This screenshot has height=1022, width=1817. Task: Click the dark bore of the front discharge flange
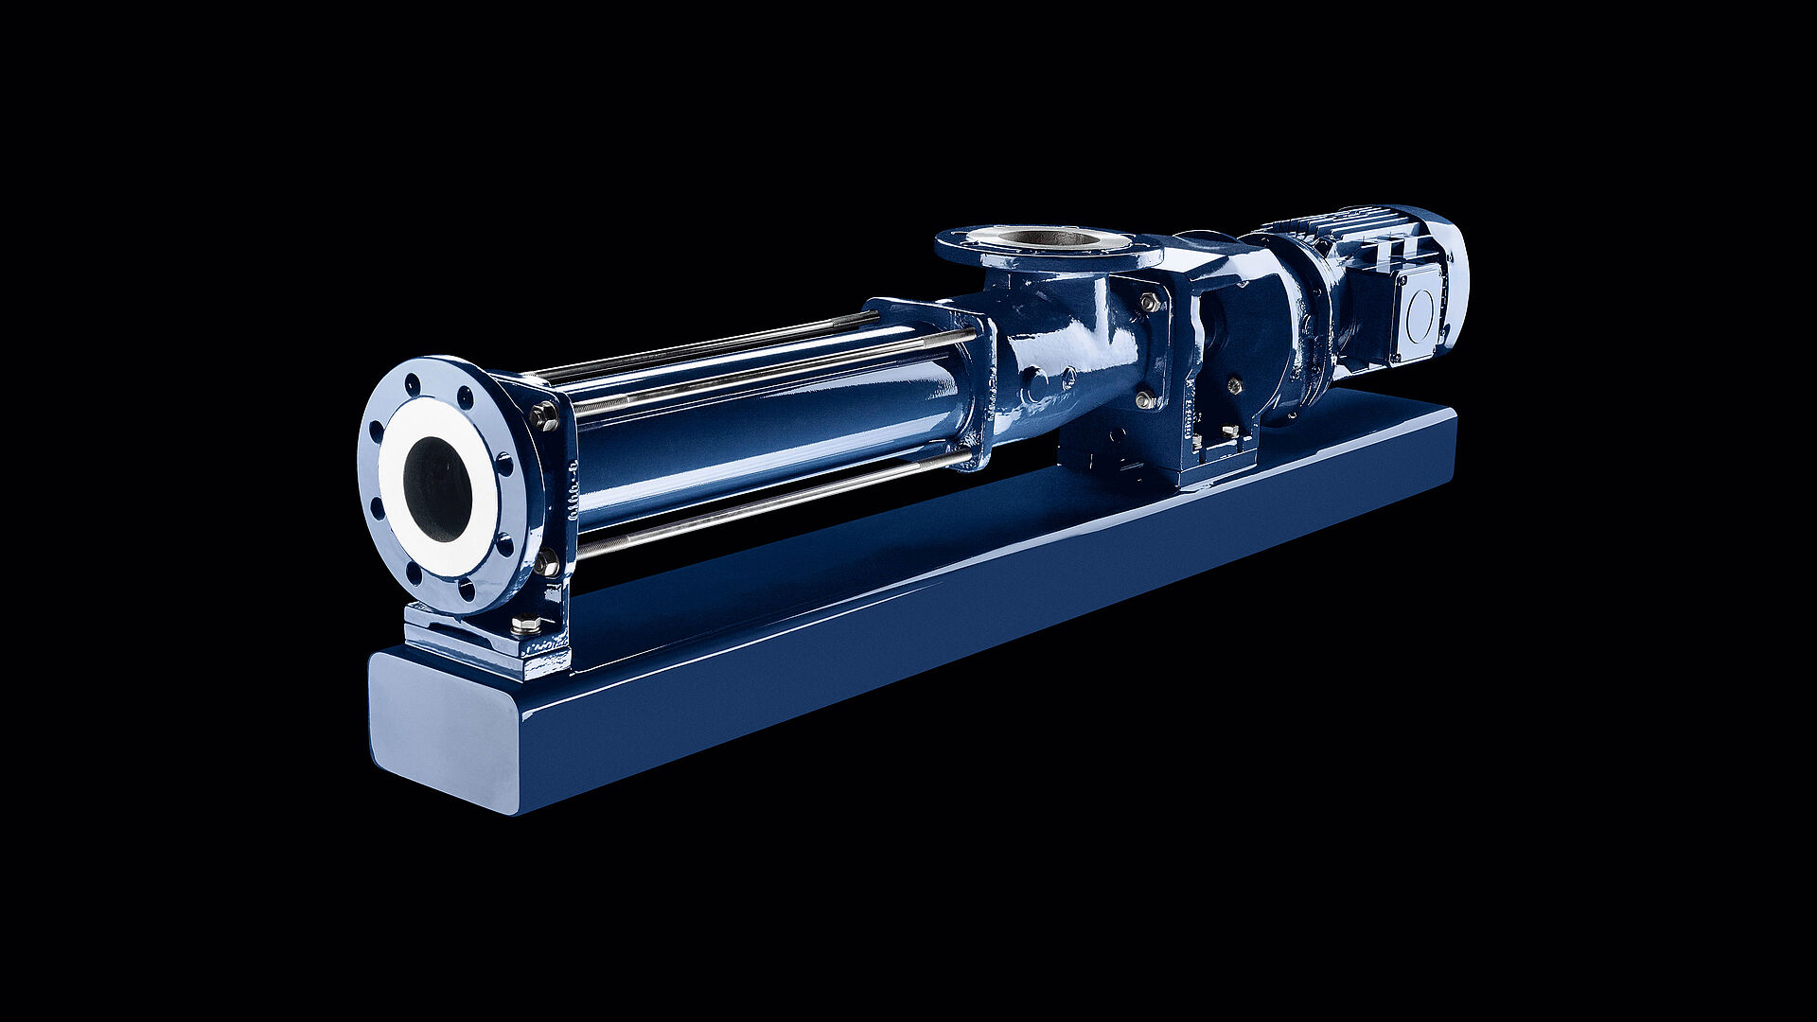pyautogui.click(x=437, y=490)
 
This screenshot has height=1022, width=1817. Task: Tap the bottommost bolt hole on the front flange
pyautogui.click(x=466, y=591)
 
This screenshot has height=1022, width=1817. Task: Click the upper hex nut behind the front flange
pyautogui.click(x=545, y=415)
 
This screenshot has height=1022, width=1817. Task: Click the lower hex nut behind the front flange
pyautogui.click(x=546, y=565)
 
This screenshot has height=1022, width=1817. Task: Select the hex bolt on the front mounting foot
pyautogui.click(x=526, y=625)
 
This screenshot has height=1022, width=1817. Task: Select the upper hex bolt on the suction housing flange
pyautogui.click(x=1150, y=303)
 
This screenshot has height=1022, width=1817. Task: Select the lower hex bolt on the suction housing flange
pyautogui.click(x=1147, y=398)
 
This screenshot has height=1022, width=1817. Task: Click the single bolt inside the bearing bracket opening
pyautogui.click(x=1234, y=384)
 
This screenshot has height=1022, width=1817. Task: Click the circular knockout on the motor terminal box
pyautogui.click(x=1420, y=310)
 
